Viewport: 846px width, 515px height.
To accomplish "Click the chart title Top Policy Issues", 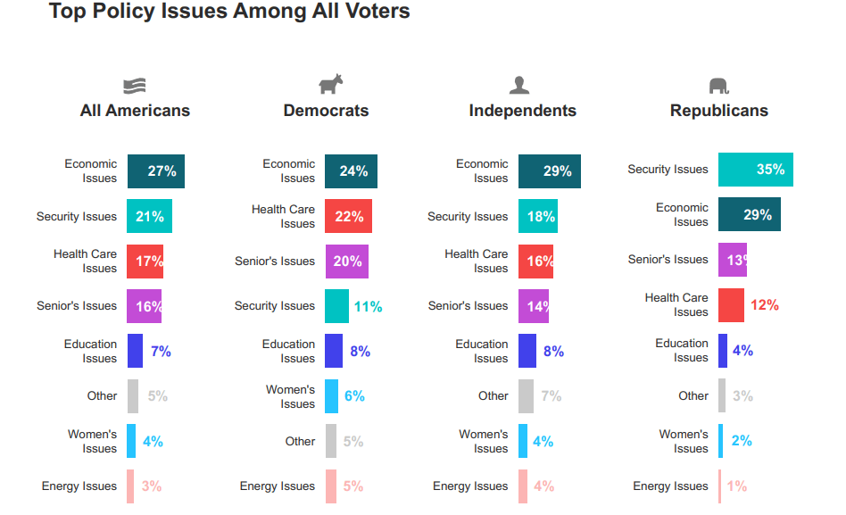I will pyautogui.click(x=229, y=12).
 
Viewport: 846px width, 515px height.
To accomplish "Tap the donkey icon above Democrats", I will pyautogui.click(x=330, y=85).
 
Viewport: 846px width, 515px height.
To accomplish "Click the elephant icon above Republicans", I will pyautogui.click(x=718, y=86).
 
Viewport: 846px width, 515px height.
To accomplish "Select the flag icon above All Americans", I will pyautogui.click(x=135, y=86).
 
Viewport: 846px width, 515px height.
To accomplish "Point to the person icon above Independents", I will pyautogui.click(x=519, y=85).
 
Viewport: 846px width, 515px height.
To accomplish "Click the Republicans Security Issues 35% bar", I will pyautogui.click(x=755, y=170).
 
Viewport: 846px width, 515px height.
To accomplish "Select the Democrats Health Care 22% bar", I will pyautogui.click(x=348, y=216).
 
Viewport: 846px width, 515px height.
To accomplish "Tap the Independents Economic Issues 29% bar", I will pyautogui.click(x=549, y=171).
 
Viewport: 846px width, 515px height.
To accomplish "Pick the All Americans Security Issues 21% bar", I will pyautogui.click(x=149, y=216).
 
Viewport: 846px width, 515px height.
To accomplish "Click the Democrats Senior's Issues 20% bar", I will pyautogui.click(x=346, y=262).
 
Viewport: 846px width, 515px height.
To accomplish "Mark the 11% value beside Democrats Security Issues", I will pyautogui.click(x=368, y=307).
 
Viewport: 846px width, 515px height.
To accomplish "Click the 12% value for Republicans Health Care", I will pyautogui.click(x=764, y=305).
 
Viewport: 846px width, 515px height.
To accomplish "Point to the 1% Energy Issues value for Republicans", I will pyautogui.click(x=737, y=486).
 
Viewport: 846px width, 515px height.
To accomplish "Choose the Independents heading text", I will pyautogui.click(x=522, y=112).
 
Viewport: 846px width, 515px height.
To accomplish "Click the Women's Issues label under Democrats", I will pyautogui.click(x=291, y=397).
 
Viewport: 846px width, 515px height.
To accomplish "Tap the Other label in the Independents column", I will pyautogui.click(x=493, y=396).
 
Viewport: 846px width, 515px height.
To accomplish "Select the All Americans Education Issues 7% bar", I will pyautogui.click(x=135, y=351).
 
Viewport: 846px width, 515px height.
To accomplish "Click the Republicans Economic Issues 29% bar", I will pyautogui.click(x=749, y=215).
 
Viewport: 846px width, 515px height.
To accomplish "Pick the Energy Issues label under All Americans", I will pyautogui.click(x=79, y=486).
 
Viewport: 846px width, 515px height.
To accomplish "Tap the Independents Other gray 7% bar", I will pyautogui.click(x=526, y=396).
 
